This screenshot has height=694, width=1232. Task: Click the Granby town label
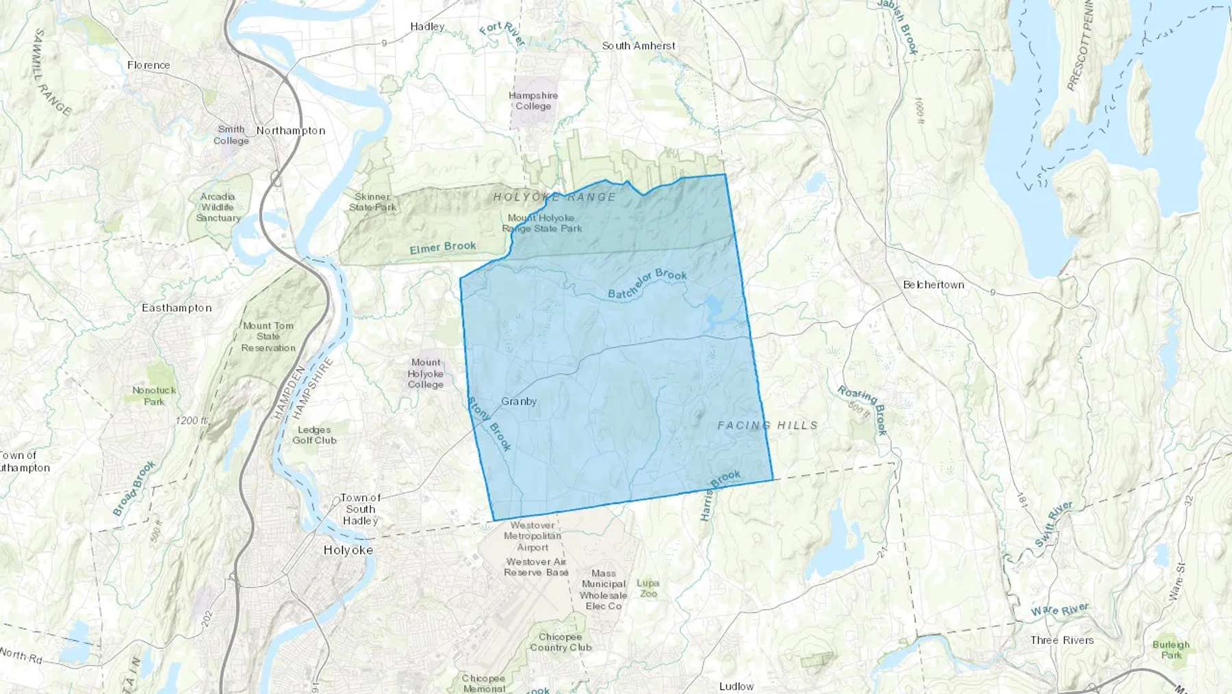519,401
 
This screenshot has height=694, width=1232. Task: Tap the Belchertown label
933,284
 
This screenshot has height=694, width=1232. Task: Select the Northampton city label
290,130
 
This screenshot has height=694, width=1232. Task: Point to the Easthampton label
177,308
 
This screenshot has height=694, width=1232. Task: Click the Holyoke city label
348,550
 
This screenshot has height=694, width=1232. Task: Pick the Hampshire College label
533,101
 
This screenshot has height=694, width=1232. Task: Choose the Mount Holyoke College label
426,373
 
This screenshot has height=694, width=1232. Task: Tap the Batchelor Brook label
647,283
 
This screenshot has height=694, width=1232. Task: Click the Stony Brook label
489,423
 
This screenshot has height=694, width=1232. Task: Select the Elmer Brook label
443,247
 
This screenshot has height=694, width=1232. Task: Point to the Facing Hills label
767,425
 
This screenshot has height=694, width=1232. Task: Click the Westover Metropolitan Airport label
532,536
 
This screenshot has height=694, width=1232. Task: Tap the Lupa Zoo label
647,588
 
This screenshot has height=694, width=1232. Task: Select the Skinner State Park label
372,201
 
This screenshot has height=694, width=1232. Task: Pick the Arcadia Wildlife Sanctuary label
218,207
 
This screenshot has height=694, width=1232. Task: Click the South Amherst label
639,46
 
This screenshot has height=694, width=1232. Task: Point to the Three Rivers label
1062,640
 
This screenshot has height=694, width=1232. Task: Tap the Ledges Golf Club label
314,435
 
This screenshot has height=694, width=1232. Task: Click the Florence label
149,65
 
